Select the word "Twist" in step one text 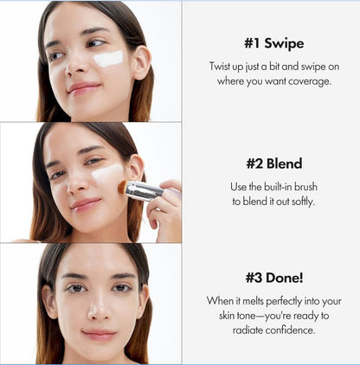click(222, 66)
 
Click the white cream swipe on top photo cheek click(108, 58)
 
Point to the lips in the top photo click(83, 87)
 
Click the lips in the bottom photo click(98, 334)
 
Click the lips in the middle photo click(85, 205)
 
